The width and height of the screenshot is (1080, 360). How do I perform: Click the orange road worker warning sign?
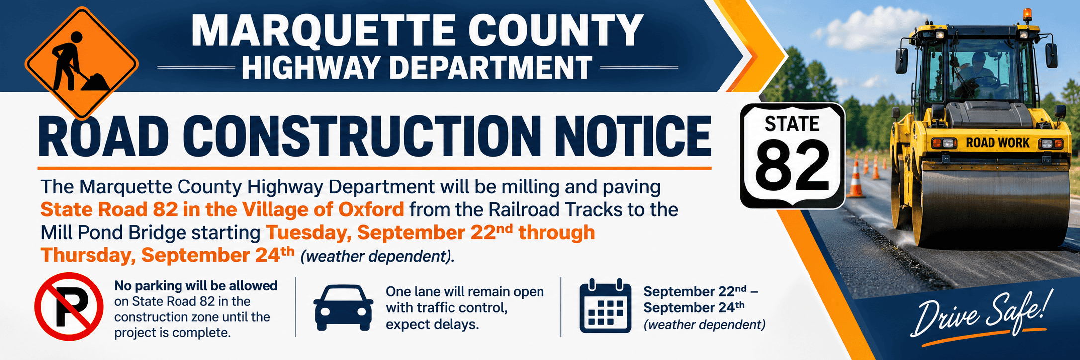82,63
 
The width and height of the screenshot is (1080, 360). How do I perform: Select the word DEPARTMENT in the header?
491,68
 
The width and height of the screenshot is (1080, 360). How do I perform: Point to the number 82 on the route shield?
792,167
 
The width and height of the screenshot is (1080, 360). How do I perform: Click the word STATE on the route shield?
792,124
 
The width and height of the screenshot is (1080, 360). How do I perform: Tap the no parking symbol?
69,306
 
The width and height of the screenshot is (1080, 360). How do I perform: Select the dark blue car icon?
344,307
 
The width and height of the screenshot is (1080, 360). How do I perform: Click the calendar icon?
606,306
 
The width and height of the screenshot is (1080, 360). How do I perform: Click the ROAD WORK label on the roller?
997,143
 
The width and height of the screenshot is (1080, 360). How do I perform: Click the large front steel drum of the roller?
990,208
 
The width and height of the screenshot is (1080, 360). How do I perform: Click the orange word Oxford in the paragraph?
371,209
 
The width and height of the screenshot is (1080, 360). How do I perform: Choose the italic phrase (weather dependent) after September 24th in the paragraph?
378,256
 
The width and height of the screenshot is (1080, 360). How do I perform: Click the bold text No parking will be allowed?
196,286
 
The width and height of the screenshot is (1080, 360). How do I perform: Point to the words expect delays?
432,325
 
